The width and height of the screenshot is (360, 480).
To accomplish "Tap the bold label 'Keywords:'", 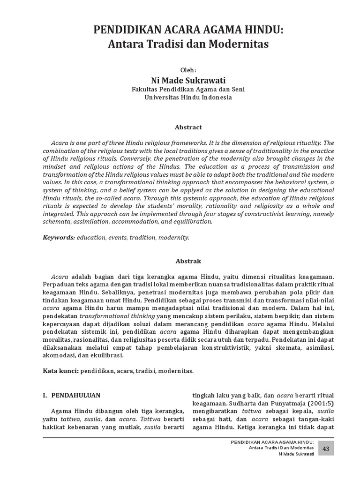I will tap(59, 238).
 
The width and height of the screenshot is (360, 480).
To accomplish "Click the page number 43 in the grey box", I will tap(326, 449).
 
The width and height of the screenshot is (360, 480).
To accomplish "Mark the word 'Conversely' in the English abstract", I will tap(133, 158).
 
